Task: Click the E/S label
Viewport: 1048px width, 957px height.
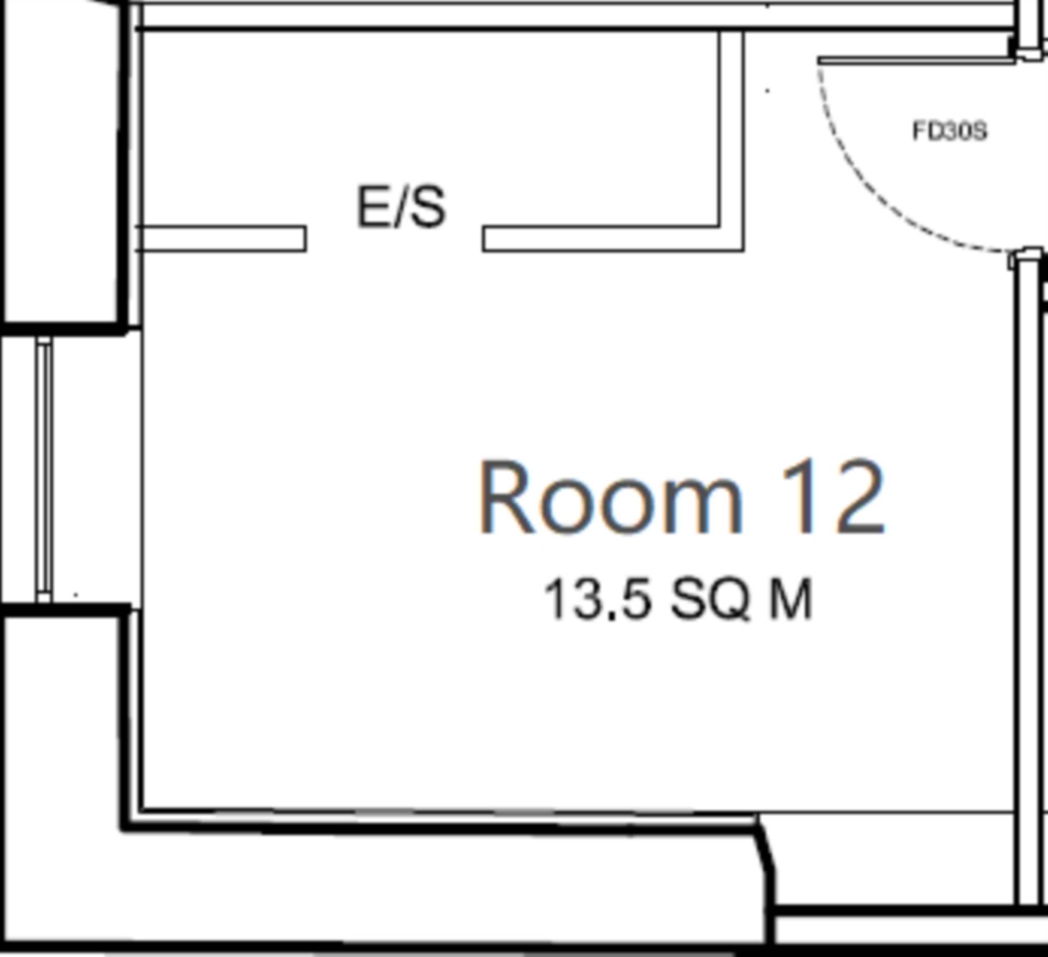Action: click(401, 207)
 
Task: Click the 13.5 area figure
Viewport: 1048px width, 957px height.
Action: click(598, 600)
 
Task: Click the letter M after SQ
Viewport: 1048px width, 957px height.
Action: click(790, 600)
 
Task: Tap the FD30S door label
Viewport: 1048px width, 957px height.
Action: click(950, 131)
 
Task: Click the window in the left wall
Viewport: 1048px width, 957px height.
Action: click(45, 469)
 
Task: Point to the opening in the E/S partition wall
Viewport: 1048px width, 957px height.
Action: click(394, 239)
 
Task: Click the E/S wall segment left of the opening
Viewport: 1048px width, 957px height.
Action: click(221, 239)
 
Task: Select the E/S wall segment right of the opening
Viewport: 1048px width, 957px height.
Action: click(600, 239)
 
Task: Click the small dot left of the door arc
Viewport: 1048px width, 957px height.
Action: click(768, 91)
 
